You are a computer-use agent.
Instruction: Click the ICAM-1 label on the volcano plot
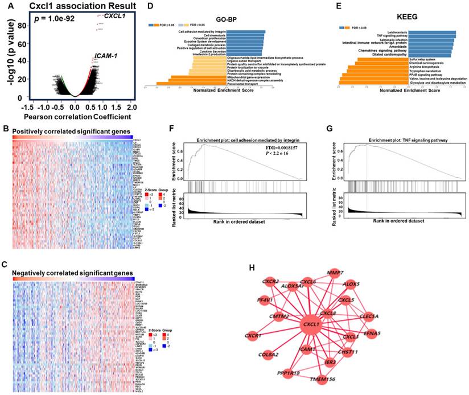pyautogui.click(x=105, y=57)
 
